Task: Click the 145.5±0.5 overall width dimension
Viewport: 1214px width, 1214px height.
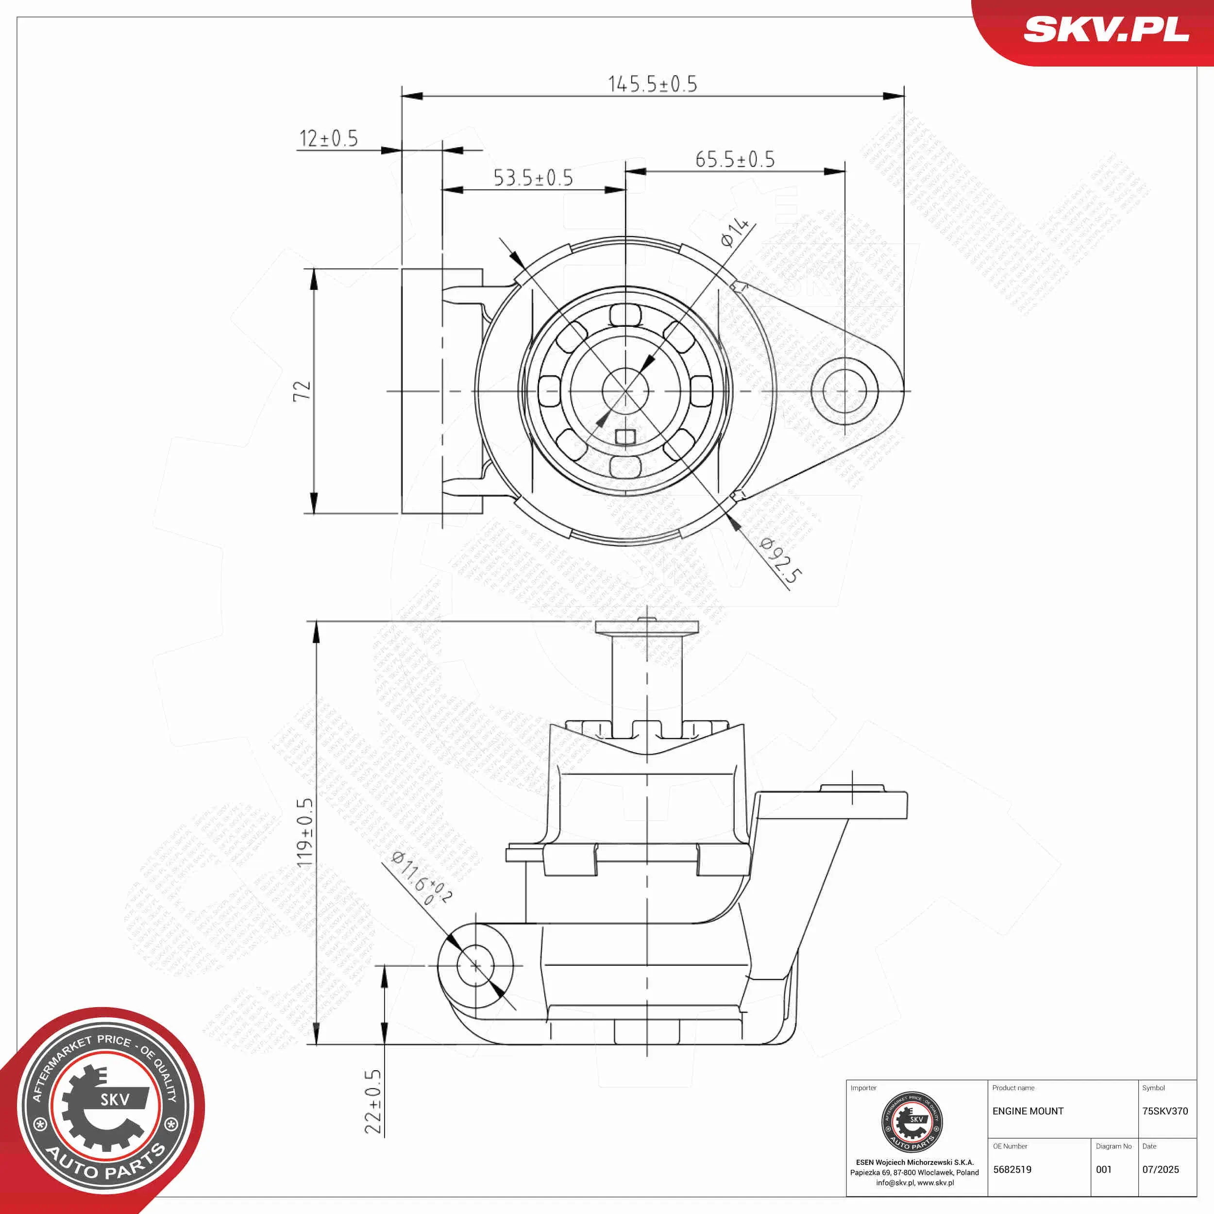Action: [x=652, y=84]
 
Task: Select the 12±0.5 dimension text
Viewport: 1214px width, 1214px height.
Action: [x=328, y=139]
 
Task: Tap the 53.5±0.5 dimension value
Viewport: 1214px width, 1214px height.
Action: [x=533, y=178]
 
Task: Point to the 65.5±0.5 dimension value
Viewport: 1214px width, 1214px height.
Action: [x=735, y=160]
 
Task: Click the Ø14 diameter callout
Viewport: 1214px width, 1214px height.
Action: [x=735, y=232]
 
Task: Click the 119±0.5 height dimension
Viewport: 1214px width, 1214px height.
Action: [x=305, y=833]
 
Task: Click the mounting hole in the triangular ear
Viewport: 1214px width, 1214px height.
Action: [x=844, y=391]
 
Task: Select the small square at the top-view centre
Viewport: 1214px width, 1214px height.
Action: [x=625, y=437]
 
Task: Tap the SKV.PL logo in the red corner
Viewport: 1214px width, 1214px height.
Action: [x=1106, y=30]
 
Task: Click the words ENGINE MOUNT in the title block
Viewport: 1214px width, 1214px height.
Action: [x=1028, y=1111]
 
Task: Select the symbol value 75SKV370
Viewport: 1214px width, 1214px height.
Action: [x=1164, y=1111]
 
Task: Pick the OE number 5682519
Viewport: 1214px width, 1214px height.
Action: [x=1012, y=1169]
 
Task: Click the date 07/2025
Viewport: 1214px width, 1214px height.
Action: [x=1160, y=1169]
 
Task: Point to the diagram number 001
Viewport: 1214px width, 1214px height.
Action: [x=1103, y=1169]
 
